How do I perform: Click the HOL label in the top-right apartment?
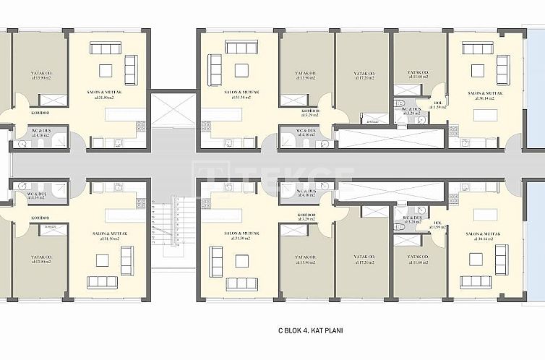coord(437,105)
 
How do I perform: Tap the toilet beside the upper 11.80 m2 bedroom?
coord(398,104)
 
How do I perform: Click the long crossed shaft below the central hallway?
coord(390,191)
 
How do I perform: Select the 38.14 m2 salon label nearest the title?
coord(484,236)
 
